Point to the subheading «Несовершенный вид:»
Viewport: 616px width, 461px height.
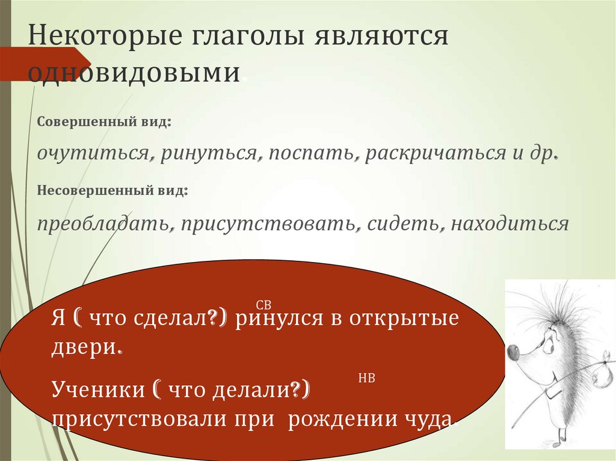(113, 191)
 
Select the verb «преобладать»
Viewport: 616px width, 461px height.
(103, 224)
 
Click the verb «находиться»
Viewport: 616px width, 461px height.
(510, 224)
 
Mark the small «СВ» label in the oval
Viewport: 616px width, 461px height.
(264, 305)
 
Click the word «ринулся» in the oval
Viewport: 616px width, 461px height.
(274, 318)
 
